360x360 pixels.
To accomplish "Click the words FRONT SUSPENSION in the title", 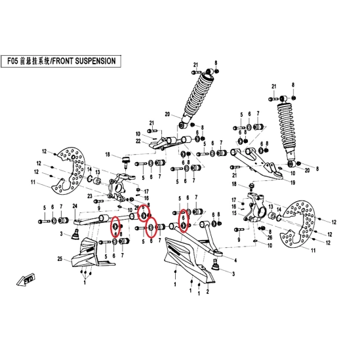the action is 84,61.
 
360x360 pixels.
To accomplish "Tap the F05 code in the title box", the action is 12,61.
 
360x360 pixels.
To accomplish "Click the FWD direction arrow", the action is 26,279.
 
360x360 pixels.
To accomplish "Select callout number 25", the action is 60,259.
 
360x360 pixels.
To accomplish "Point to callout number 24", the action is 75,206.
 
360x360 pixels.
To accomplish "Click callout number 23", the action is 90,196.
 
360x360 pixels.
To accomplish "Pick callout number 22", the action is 138,141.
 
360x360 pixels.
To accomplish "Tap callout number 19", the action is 292,183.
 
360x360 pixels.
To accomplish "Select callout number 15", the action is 234,213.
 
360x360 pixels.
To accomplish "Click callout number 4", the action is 235,260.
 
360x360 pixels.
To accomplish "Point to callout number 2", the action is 208,292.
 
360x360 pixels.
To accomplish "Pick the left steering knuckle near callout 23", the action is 119,186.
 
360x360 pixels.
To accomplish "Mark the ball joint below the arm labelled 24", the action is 76,234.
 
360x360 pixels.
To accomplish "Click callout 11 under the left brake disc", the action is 33,182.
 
